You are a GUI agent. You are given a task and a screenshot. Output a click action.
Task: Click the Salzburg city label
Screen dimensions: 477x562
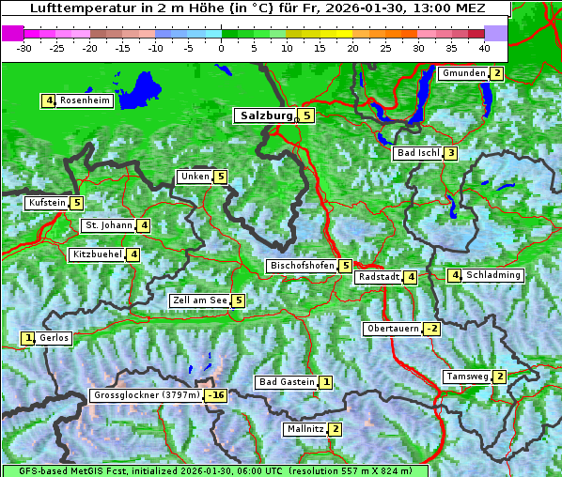tap(266, 115)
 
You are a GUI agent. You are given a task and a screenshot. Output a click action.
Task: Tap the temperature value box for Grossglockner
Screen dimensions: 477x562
tap(216, 396)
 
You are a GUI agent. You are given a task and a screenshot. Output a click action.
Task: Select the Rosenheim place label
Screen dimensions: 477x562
tap(85, 100)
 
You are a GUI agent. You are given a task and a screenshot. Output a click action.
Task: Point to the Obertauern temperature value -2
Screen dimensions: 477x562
tap(431, 329)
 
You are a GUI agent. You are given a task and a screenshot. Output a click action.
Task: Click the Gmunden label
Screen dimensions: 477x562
tap(463, 73)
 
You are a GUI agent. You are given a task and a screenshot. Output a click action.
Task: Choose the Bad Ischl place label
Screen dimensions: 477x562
tap(417, 153)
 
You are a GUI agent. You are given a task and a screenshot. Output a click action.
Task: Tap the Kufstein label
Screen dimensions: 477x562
tap(47, 203)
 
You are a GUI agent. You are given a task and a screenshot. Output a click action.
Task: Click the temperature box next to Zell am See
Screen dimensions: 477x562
tap(239, 300)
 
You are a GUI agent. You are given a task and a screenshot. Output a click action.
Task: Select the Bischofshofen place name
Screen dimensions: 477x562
tap(302, 266)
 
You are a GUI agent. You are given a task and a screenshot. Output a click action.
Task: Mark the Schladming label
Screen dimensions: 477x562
tap(493, 275)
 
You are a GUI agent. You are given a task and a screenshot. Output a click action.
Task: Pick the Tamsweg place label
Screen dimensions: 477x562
tap(467, 377)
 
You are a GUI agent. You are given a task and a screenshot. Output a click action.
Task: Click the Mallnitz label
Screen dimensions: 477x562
tap(304, 429)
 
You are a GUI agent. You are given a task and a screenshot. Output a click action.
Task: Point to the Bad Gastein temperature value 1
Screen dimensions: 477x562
tap(325, 382)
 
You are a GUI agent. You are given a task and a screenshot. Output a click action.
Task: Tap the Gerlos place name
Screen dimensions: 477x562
tap(55, 338)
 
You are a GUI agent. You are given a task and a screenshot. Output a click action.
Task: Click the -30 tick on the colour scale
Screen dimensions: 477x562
tap(24, 47)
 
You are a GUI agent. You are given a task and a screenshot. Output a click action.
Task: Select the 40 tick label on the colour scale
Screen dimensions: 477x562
tap(484, 47)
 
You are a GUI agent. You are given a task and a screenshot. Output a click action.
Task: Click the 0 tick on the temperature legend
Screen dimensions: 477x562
tap(221, 47)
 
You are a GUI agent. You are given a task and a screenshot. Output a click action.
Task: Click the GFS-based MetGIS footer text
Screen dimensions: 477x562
tap(214, 470)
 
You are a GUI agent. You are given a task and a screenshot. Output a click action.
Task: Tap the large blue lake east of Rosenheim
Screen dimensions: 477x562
tap(138, 90)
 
